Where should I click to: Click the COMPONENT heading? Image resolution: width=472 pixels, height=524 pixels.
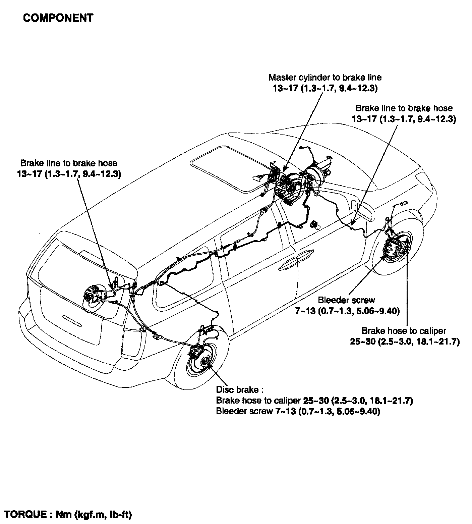[x=58, y=18]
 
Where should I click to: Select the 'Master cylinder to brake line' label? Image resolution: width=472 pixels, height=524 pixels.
[x=325, y=78]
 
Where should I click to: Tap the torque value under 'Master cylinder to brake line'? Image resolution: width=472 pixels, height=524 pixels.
[x=325, y=89]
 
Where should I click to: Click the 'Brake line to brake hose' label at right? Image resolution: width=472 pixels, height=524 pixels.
[x=404, y=108]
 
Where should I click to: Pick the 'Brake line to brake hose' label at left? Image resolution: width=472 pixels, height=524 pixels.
[x=69, y=163]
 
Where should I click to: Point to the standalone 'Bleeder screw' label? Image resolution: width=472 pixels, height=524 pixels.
[x=347, y=300]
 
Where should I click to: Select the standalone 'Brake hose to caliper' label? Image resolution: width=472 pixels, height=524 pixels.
[x=404, y=331]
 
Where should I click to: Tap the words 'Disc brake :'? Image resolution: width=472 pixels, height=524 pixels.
[x=239, y=390]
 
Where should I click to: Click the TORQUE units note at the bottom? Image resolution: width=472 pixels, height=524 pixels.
[x=67, y=514]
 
